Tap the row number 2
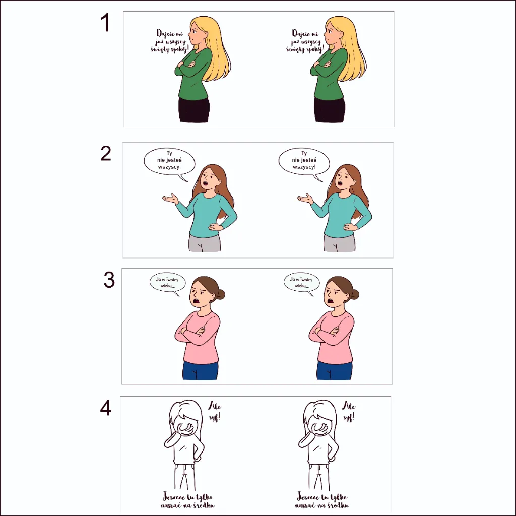pos(106,153)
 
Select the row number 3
pos(109,280)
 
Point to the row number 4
pos(106,408)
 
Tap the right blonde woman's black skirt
pos(330,109)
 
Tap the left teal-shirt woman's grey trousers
pos(205,243)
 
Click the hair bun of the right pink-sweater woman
pos(355,294)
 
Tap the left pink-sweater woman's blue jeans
pos(201,370)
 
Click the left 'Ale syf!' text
pos(215,411)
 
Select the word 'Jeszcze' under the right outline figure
pos(308,496)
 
